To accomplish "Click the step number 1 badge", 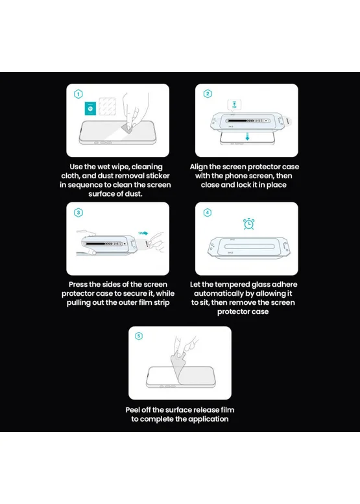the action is point(78,94).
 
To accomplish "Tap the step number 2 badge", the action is point(208,93).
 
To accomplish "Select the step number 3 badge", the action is point(78,213).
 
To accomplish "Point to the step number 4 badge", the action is point(208,212).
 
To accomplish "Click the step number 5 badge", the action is point(139,336).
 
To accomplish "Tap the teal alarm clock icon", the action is point(249,224).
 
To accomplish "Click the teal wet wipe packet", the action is point(90,108).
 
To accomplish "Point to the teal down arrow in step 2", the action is point(248,136).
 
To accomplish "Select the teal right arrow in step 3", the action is point(143,233).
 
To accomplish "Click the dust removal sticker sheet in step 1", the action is point(107,106).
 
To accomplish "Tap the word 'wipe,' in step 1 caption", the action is point(120,167).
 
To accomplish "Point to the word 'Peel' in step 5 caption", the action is point(132,410).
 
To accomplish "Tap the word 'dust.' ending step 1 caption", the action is point(132,194).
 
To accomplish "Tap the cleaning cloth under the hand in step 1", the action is point(128,129).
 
